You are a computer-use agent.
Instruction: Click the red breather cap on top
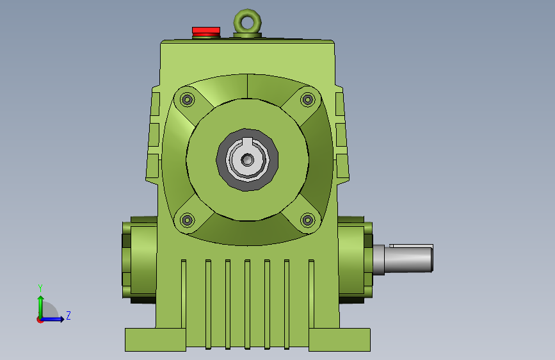point(206,31)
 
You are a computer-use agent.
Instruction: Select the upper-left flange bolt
point(188,99)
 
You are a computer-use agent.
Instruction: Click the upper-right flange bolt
point(307,99)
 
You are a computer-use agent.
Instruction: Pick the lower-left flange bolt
point(188,220)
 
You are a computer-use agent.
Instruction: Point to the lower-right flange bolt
point(307,220)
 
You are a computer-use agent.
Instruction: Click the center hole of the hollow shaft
point(248,160)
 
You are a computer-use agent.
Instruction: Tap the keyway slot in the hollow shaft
point(248,142)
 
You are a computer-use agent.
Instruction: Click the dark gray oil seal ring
point(221,160)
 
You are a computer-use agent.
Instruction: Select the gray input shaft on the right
point(403,259)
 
